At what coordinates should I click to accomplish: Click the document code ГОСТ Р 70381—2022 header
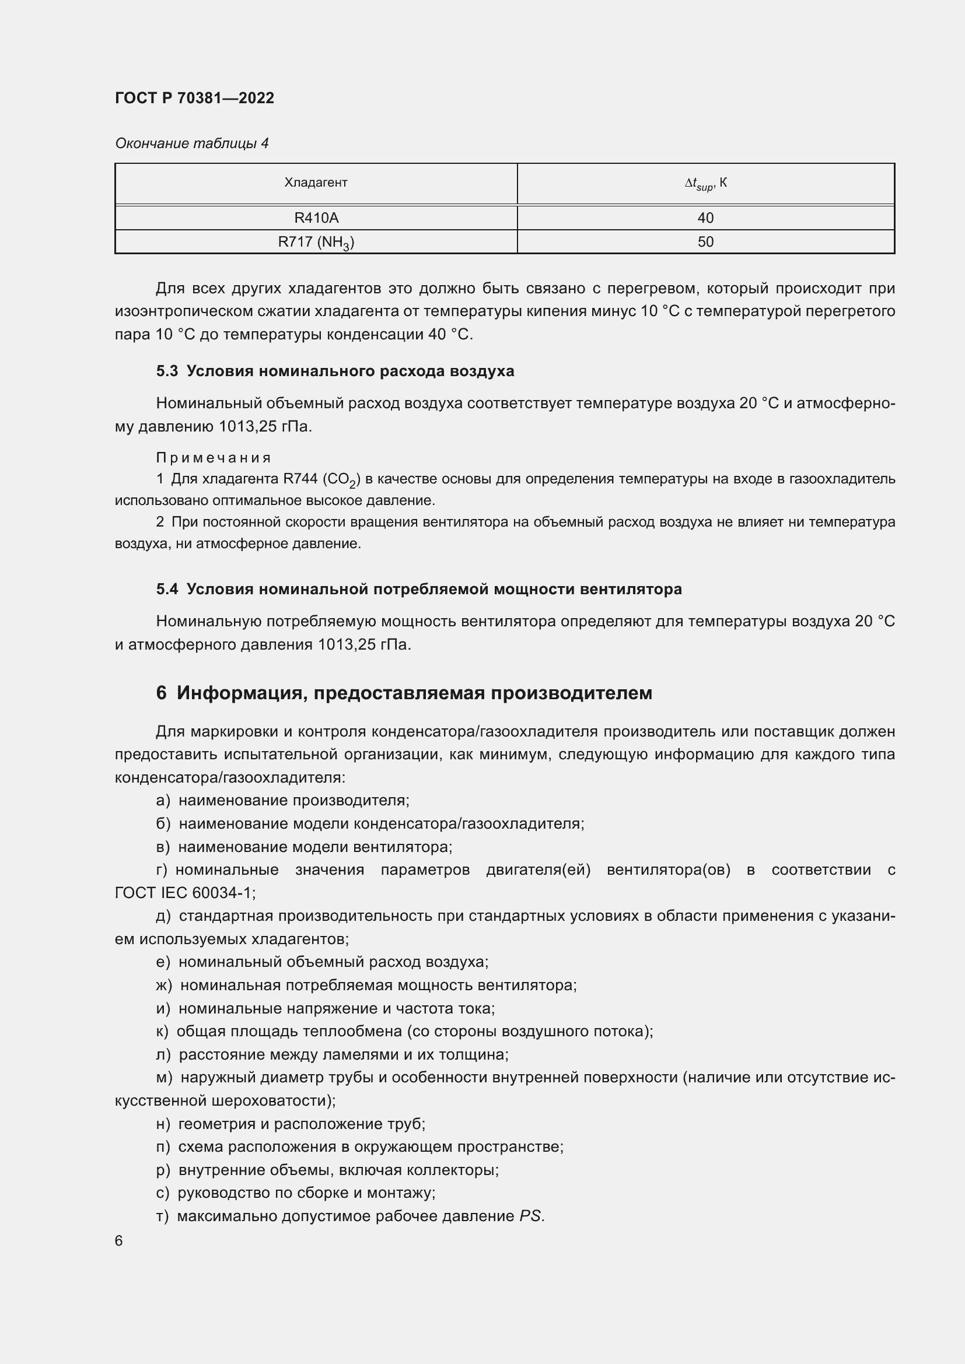coord(194,98)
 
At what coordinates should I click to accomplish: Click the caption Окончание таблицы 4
coord(191,143)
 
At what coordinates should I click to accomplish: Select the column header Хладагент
coord(316,183)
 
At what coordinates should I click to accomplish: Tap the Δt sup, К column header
coord(705,184)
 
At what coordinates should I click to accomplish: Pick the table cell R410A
coord(316,218)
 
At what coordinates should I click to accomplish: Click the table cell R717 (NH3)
coord(316,243)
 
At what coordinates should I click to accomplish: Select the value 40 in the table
coord(705,218)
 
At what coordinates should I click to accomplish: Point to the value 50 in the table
coord(705,243)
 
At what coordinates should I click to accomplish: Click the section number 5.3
coord(167,371)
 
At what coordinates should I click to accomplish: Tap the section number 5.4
coord(167,590)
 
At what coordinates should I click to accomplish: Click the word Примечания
coord(214,457)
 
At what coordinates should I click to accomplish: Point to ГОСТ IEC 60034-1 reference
coord(184,893)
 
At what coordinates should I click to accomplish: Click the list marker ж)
coord(163,986)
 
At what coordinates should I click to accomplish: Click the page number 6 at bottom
coord(119,1241)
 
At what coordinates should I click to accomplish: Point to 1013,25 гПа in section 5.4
coord(363,644)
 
